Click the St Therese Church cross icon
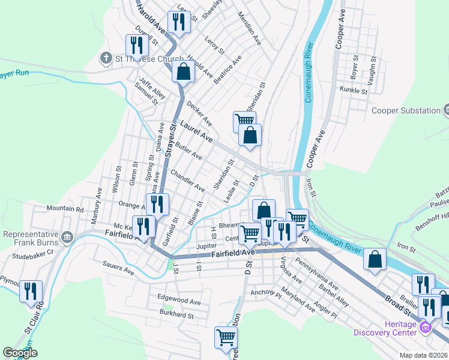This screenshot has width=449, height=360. point(106,58)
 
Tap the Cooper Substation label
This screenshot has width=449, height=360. point(406,110)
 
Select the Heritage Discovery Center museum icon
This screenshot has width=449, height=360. point(426,328)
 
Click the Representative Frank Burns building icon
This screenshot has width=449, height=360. point(68,238)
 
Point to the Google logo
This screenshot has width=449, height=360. point(20,353)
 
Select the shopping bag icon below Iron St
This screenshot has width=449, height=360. point(375,260)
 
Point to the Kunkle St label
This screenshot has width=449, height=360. point(353,91)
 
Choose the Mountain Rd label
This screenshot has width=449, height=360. point(66,209)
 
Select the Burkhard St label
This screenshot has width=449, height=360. point(177,314)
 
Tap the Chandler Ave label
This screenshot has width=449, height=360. point(187,180)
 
